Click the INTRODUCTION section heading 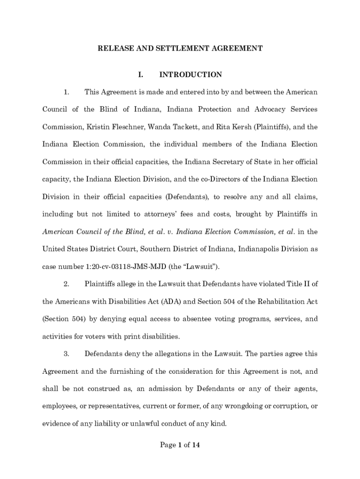pos(191,75)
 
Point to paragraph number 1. pos(66,92)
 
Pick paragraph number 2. pos(66,283)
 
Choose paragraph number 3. pos(66,354)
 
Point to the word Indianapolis pos(259,249)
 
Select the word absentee pos(193,319)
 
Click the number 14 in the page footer pos(195,445)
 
